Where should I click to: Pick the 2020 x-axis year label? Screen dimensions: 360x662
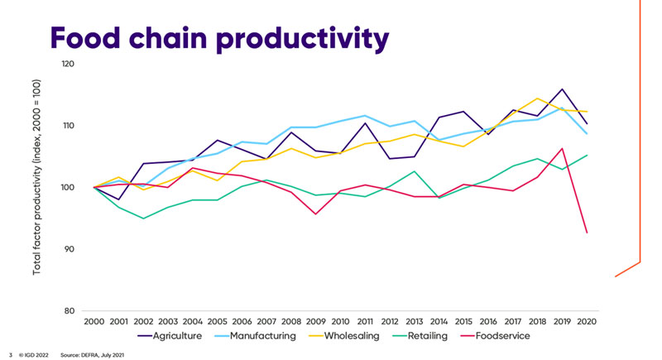click(x=588, y=320)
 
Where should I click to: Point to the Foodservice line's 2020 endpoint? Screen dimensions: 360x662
click(x=588, y=233)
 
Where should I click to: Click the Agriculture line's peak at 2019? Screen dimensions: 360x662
click(x=562, y=89)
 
